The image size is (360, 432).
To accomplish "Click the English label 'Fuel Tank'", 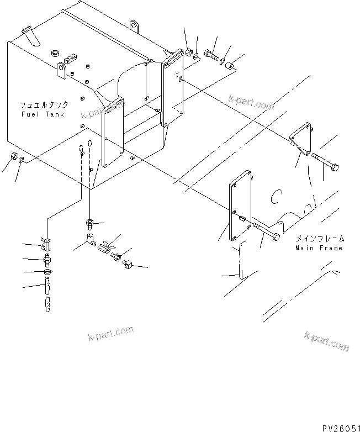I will (x=43, y=114).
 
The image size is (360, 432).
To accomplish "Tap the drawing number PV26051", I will (x=337, y=427).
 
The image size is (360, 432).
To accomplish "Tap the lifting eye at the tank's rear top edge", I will (x=133, y=25).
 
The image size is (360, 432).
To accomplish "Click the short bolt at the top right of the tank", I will (x=211, y=55).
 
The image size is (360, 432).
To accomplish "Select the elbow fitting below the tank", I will (x=88, y=241).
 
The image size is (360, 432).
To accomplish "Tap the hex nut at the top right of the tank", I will (x=188, y=52).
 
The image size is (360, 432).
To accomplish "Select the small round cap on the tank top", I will (x=55, y=52).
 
